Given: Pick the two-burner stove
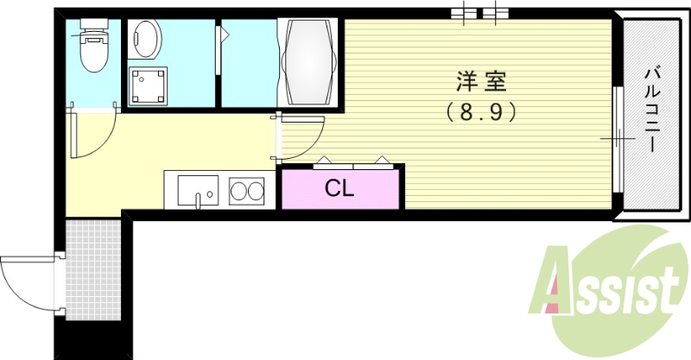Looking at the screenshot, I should coord(247,190).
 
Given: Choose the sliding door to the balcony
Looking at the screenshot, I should coord(617,138).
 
